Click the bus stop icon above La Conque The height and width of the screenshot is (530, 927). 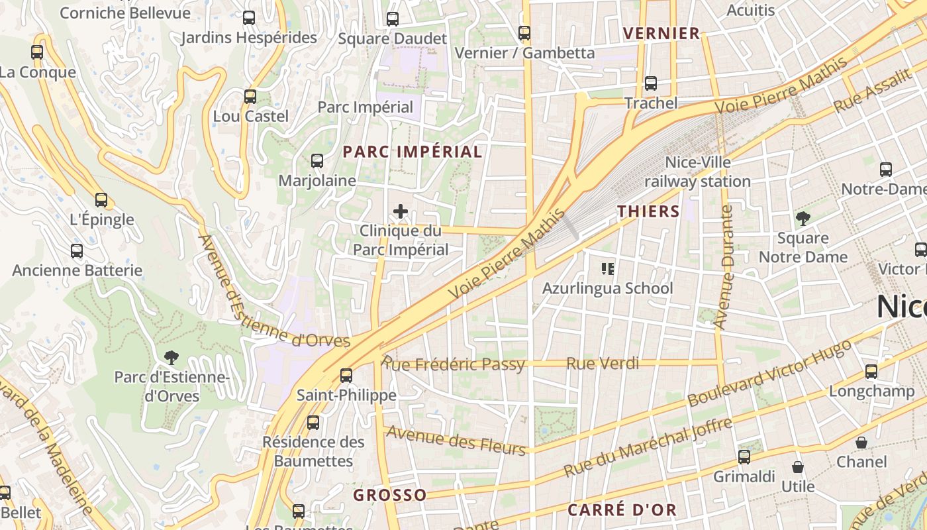point(37,52)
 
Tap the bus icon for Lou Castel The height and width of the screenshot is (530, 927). point(250,96)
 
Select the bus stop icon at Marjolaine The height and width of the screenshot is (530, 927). point(317,160)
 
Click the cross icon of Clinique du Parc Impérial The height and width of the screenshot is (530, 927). point(400,211)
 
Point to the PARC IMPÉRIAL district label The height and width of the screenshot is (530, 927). point(412,152)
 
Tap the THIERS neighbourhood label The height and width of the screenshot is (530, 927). point(648,211)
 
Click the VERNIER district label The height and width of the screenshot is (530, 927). point(661,33)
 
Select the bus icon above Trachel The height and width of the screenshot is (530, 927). point(651,83)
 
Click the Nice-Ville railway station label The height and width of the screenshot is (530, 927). point(697,172)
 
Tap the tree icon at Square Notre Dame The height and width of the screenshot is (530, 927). point(803,218)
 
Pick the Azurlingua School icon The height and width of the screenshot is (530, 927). point(607,268)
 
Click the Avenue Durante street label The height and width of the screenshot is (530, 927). point(726,267)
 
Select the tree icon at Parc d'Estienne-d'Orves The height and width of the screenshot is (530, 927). point(172,358)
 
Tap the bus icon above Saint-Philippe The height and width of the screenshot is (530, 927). point(346,376)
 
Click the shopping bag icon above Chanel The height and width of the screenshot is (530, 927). point(861,442)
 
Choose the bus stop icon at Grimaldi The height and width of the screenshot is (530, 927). point(744,456)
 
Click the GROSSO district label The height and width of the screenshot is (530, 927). point(389,495)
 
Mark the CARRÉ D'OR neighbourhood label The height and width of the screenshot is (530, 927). point(622,509)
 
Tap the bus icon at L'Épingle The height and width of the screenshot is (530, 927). point(101,199)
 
